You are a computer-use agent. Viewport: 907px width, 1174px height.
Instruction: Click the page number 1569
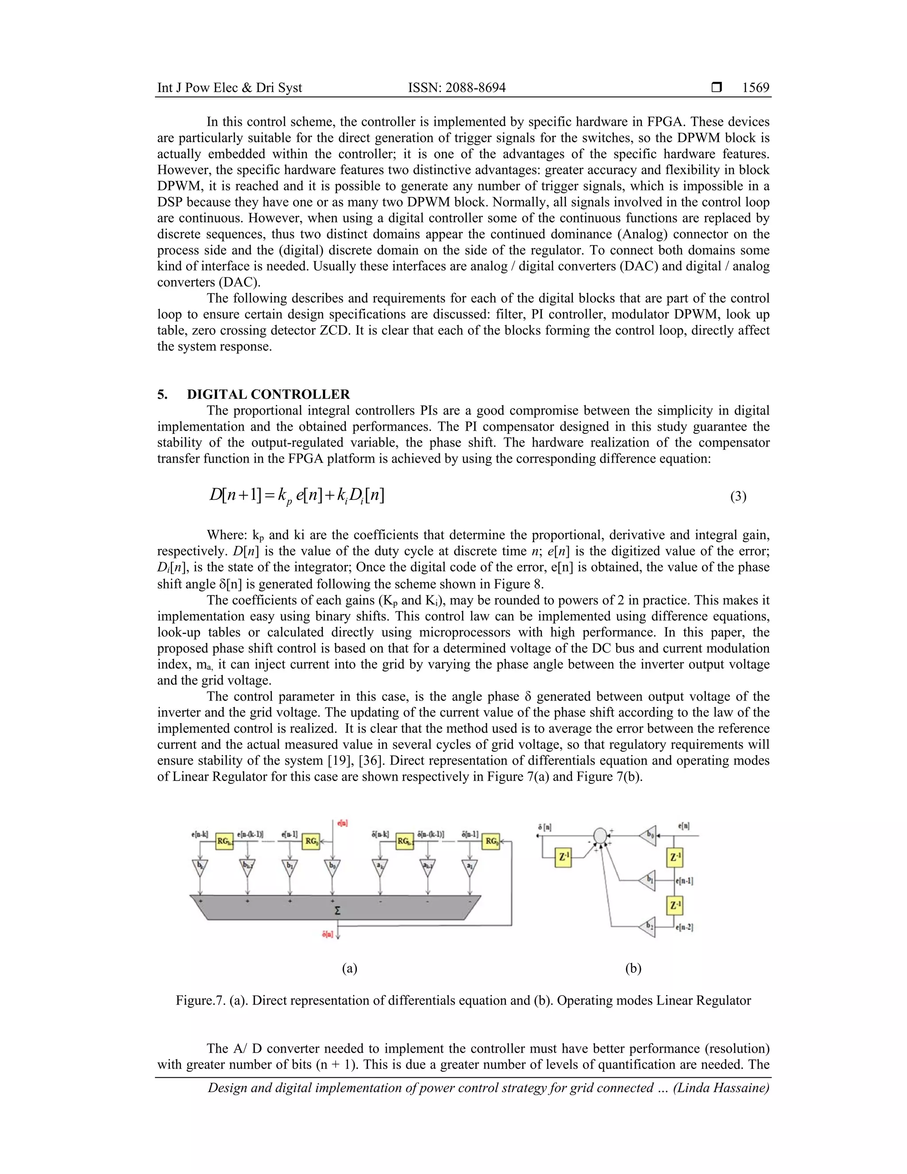pos(756,88)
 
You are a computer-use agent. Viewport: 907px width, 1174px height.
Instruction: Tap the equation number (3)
pos(738,496)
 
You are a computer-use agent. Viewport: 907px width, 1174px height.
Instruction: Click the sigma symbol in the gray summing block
pos(337,910)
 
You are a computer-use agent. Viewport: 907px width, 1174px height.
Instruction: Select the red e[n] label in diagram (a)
pos(342,823)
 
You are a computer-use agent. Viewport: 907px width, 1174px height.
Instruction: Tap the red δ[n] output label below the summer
pos(328,934)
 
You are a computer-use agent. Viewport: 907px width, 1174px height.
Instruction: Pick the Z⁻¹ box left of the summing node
pos(562,858)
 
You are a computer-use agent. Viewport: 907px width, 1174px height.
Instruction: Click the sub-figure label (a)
pos(349,968)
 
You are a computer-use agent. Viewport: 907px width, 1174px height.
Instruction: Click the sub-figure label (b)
pos(633,968)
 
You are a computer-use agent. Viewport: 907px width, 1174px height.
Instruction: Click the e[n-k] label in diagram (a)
pos(199,835)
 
